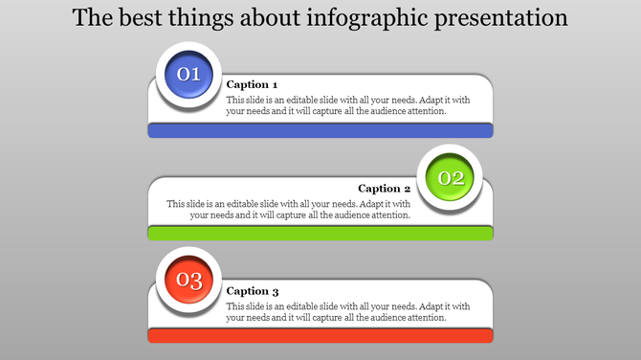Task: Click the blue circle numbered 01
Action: (189, 74)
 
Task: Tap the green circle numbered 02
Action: (451, 177)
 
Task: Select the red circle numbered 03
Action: (189, 281)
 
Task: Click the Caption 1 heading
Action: (253, 84)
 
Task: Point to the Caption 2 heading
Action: (385, 189)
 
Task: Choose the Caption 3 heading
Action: (253, 291)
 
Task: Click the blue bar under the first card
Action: (320, 130)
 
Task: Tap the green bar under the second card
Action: (320, 233)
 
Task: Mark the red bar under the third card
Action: (320, 335)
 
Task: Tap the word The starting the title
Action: (92, 18)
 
